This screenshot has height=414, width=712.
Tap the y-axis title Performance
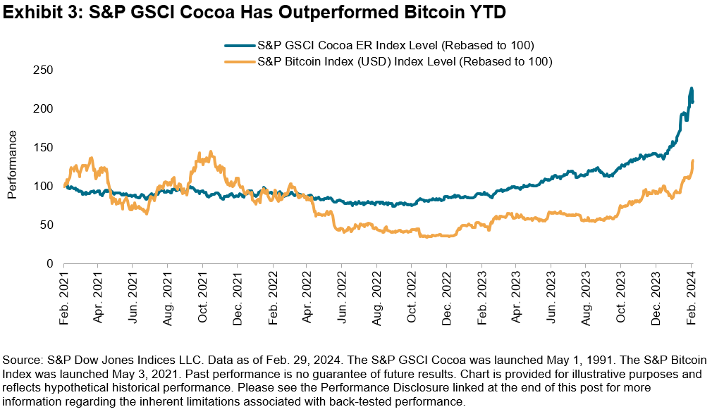(13, 167)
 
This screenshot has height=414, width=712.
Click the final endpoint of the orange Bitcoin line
(693, 161)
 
